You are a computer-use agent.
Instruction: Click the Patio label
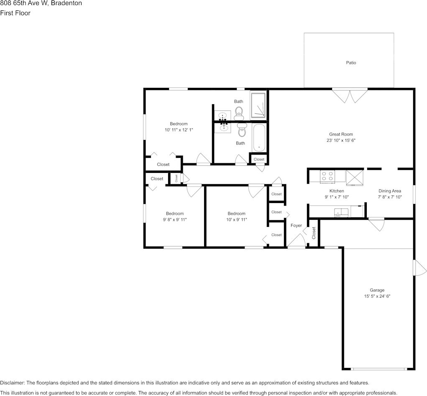click(351, 63)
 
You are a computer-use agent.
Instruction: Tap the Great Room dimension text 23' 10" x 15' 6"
click(341, 141)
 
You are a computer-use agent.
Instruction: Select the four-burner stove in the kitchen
click(327, 176)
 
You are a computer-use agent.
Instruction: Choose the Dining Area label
click(390, 191)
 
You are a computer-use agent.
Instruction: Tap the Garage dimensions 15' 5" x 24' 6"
click(377, 296)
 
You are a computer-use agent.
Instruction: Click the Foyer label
click(296, 226)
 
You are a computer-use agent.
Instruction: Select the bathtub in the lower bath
click(259, 138)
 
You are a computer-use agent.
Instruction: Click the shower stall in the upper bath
click(258, 105)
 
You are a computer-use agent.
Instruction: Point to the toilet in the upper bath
click(239, 111)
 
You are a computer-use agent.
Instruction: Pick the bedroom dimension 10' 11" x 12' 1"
click(179, 130)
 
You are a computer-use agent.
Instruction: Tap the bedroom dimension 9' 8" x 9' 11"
click(174, 219)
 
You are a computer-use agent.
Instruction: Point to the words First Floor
click(15, 13)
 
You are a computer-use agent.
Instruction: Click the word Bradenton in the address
click(67, 3)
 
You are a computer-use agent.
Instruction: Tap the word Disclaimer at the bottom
click(12, 383)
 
